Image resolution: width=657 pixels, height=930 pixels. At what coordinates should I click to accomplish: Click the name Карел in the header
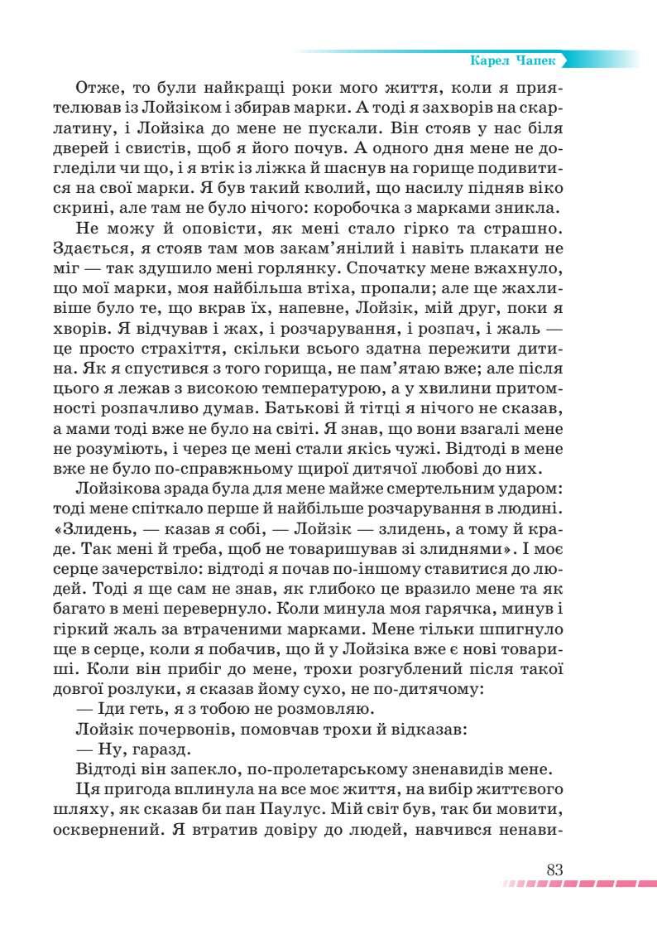[487, 60]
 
